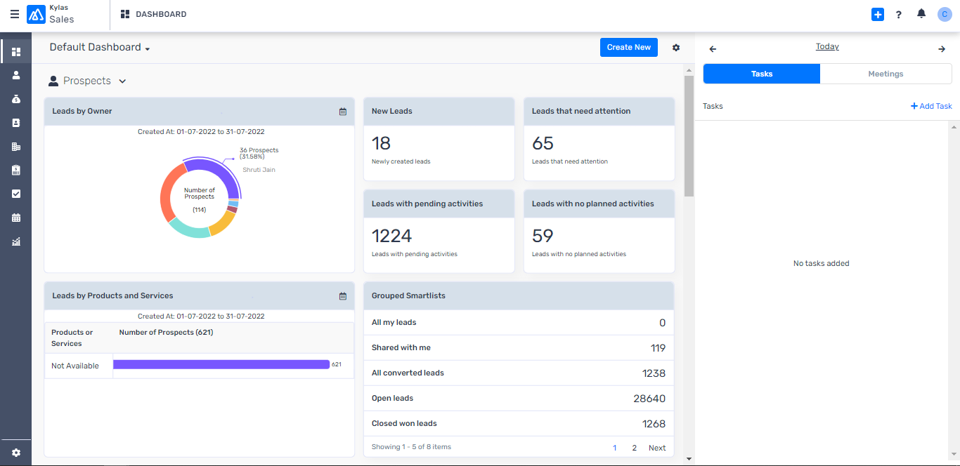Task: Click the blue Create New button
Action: [628, 47]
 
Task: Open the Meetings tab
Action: [886, 74]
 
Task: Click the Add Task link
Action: [931, 106]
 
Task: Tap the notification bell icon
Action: [921, 14]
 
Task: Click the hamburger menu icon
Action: [14, 14]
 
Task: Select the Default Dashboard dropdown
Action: [100, 47]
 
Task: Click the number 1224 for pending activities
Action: [391, 236]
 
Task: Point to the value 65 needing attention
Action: [543, 143]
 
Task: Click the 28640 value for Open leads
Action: [649, 399]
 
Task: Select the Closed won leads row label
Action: [404, 423]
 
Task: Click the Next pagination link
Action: [657, 448]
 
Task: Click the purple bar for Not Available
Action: [221, 364]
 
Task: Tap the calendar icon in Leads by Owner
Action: [343, 112]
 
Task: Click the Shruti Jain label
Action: [259, 170]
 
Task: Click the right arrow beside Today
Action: [942, 48]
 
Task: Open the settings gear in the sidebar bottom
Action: [16, 453]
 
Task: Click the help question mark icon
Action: [898, 15]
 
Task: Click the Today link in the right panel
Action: [827, 46]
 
